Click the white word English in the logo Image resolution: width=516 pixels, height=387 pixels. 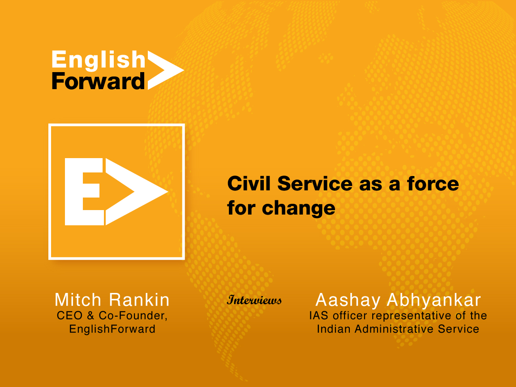click(99, 60)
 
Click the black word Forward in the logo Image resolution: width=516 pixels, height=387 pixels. click(98, 81)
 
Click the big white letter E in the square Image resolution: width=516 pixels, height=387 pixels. click(84, 192)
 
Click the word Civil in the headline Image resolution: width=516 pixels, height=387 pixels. click(249, 183)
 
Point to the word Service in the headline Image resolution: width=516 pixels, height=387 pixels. click(315, 183)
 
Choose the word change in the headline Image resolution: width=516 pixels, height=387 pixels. click(298, 208)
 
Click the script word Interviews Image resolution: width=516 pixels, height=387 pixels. click(254, 300)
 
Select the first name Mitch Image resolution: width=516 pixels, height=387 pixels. click(78, 300)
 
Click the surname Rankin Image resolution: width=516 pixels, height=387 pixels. click(139, 300)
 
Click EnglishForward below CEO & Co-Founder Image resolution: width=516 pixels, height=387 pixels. click(112, 329)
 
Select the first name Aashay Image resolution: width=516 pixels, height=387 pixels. click(348, 300)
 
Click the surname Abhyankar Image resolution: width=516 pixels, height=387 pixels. click(434, 300)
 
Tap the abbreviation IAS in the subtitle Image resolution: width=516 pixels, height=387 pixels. click(319, 316)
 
